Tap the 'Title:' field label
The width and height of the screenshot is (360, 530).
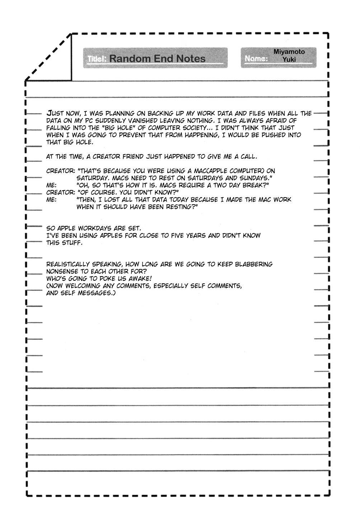point(96,59)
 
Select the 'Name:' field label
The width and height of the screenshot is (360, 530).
point(256,59)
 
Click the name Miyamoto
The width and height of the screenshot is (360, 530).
point(289,52)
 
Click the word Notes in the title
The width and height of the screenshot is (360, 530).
point(190,59)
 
